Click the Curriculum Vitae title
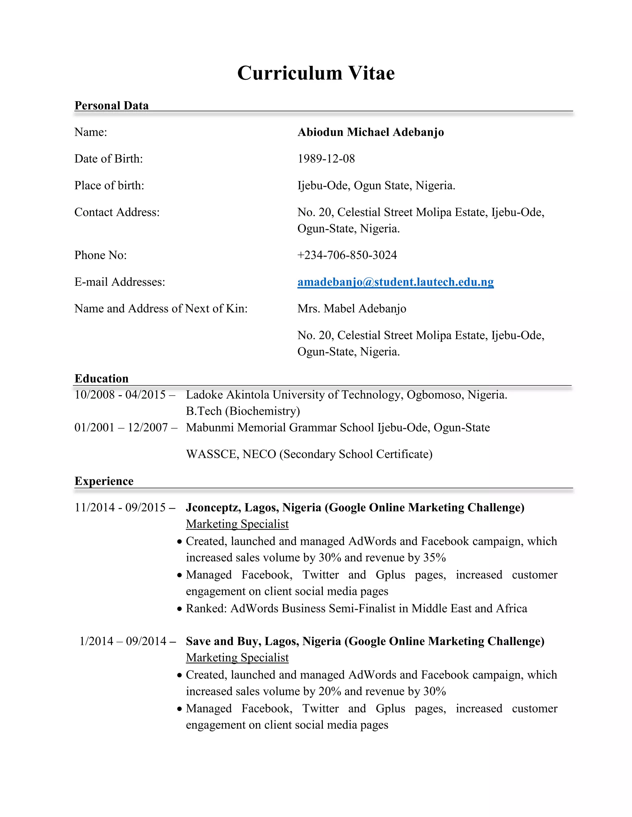coord(316,73)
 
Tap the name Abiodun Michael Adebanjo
coord(370,132)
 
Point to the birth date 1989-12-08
coord(326,158)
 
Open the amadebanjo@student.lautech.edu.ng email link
coord(395,282)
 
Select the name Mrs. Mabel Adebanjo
coord(351,309)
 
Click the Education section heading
coord(101,379)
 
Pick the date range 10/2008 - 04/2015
coord(120,395)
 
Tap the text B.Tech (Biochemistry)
coord(243,411)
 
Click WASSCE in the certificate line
coord(212,454)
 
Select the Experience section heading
coord(104,481)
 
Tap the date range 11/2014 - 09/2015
coord(120,508)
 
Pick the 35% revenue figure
coord(434,558)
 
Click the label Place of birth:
coord(109,186)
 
